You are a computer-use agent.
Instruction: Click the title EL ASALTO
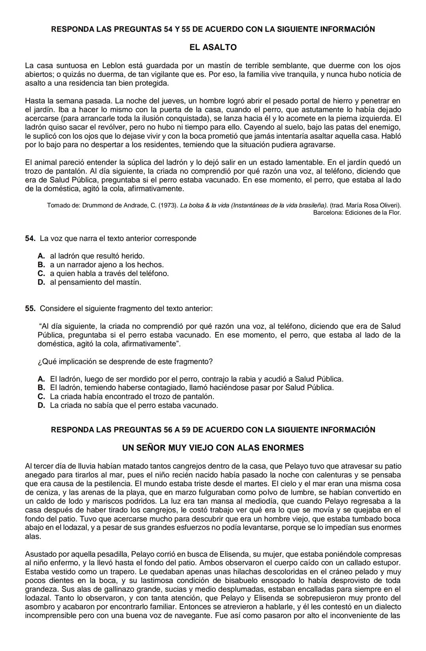pyautogui.click(x=213, y=47)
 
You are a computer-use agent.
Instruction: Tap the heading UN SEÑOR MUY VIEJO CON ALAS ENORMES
pyautogui.click(x=213, y=448)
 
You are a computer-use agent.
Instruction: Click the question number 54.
pyautogui.click(x=30, y=239)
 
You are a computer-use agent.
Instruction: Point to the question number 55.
pyautogui.click(x=30, y=308)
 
